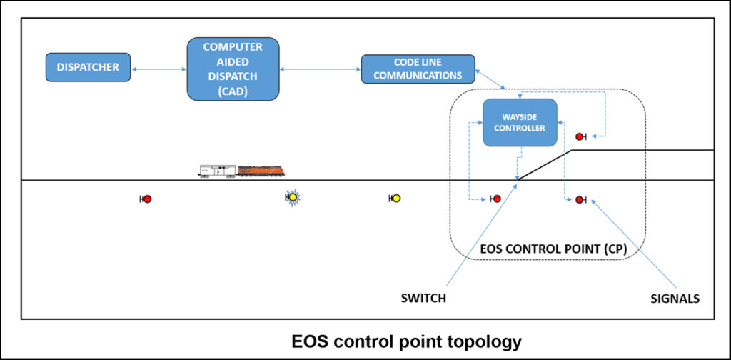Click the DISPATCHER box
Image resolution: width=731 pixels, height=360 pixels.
[x=89, y=67]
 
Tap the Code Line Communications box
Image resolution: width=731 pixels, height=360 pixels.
[x=418, y=69]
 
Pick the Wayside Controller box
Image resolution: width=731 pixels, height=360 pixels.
[x=519, y=122]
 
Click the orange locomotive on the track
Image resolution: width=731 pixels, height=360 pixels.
[x=261, y=171]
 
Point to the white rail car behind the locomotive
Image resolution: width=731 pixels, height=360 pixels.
[x=216, y=171]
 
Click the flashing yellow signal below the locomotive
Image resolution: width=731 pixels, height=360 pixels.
[x=291, y=199]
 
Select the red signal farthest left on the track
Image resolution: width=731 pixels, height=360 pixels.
[x=147, y=199]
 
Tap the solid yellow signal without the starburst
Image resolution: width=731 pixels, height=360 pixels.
[x=396, y=199]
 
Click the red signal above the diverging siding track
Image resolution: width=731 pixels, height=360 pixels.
[x=580, y=136]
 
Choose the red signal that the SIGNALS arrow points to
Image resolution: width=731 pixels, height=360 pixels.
[x=580, y=199]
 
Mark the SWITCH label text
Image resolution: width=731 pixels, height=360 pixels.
[x=424, y=299]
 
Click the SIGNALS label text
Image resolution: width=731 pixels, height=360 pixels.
[x=674, y=299]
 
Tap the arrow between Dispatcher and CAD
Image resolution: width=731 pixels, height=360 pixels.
[x=158, y=68]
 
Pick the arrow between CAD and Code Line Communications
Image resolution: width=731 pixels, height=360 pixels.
[x=321, y=69]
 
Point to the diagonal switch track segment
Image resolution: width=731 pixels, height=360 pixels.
[x=545, y=165]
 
